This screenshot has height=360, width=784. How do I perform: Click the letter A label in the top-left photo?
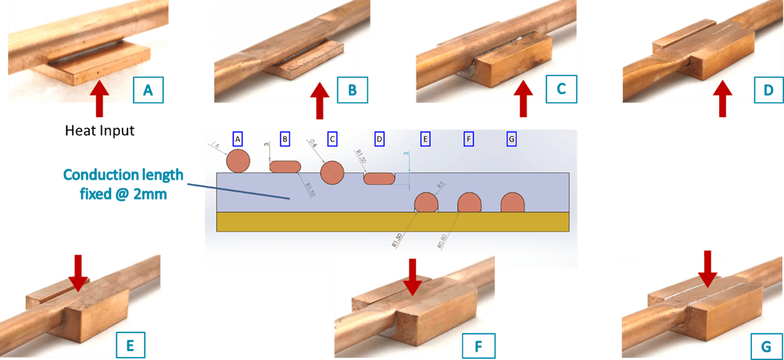147,90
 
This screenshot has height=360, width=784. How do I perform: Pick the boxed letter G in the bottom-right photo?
766,347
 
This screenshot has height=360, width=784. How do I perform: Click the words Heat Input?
100,131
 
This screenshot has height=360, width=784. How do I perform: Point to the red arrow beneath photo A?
99,98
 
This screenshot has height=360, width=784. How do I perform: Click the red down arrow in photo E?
78,272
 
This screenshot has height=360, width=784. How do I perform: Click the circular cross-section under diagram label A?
238,161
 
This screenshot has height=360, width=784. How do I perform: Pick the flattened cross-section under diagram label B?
285,166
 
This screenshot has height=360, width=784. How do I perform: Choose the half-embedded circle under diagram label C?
332,172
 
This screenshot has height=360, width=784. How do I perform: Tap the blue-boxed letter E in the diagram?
426,139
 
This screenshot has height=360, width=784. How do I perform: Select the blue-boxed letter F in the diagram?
469,139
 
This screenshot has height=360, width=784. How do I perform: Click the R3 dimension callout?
440,184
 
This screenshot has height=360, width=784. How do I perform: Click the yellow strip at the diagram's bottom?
392,221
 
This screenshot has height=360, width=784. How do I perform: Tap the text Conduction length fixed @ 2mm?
122,184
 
